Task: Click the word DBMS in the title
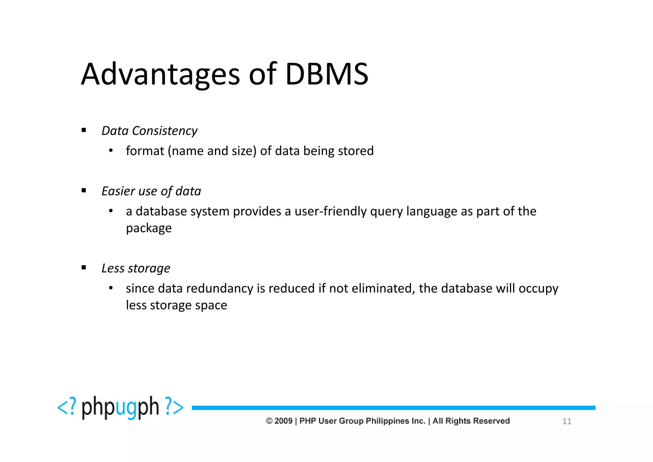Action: pyautogui.click(x=327, y=74)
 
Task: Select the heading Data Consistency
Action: pyautogui.click(x=149, y=131)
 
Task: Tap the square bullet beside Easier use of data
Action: pyautogui.click(x=84, y=191)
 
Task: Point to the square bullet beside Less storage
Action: pyautogui.click(x=84, y=268)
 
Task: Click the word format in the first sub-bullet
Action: pyautogui.click(x=145, y=151)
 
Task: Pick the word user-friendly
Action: pyautogui.click(x=330, y=211)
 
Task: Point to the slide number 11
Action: pyautogui.click(x=567, y=421)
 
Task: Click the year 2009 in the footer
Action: pyautogui.click(x=283, y=421)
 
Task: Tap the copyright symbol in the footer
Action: pyautogui.click(x=269, y=421)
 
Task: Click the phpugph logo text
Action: pyautogui.click(x=120, y=407)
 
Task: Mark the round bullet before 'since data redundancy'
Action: pyautogui.click(x=111, y=288)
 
